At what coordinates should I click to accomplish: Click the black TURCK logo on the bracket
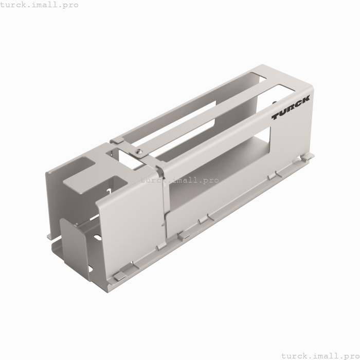(291, 108)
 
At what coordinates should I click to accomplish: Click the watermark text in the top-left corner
(40, 5)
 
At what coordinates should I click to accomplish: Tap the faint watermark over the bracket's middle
(179, 180)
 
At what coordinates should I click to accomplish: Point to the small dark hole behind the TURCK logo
(274, 103)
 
